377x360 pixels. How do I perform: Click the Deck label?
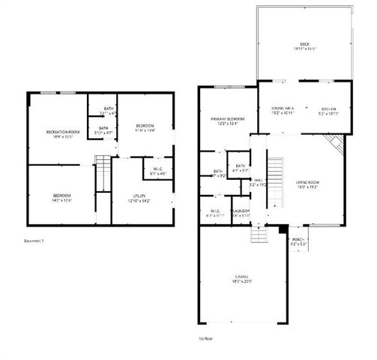pyautogui.click(x=303, y=44)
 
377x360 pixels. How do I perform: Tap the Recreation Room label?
pyautogui.click(x=58, y=133)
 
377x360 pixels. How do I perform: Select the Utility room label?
pyautogui.click(x=140, y=198)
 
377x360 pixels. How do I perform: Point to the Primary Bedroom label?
pyautogui.click(x=226, y=121)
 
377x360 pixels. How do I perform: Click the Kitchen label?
pyautogui.click(x=328, y=110)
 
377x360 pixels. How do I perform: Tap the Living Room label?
pyautogui.click(x=307, y=183)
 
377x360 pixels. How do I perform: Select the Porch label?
pyautogui.click(x=300, y=241)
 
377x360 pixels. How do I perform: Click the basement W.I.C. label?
pyautogui.click(x=158, y=171)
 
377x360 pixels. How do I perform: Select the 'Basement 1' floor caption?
pyautogui.click(x=34, y=241)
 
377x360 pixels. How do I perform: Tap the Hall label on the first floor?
pyautogui.click(x=257, y=182)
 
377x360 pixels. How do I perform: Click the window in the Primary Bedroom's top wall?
pyautogui.click(x=225, y=88)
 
